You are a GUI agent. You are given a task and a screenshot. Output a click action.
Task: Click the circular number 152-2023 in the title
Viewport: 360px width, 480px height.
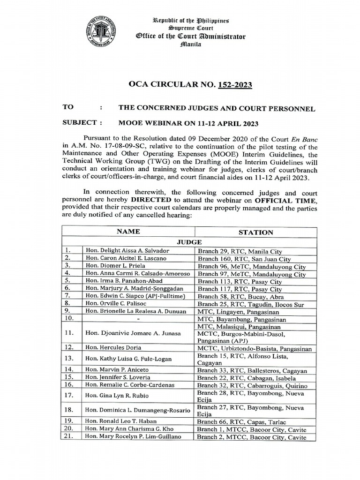[234, 85]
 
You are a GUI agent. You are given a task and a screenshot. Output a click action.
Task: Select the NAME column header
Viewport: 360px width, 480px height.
[128, 232]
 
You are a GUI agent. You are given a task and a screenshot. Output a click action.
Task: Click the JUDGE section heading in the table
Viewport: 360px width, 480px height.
[189, 242]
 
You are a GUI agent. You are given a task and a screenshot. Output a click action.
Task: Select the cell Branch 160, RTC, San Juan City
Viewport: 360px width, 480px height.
[244, 259]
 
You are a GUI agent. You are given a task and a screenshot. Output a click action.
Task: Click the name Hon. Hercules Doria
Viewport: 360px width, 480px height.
[113, 347]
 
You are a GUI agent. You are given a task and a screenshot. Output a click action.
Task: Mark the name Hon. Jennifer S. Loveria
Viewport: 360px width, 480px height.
[116, 377]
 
